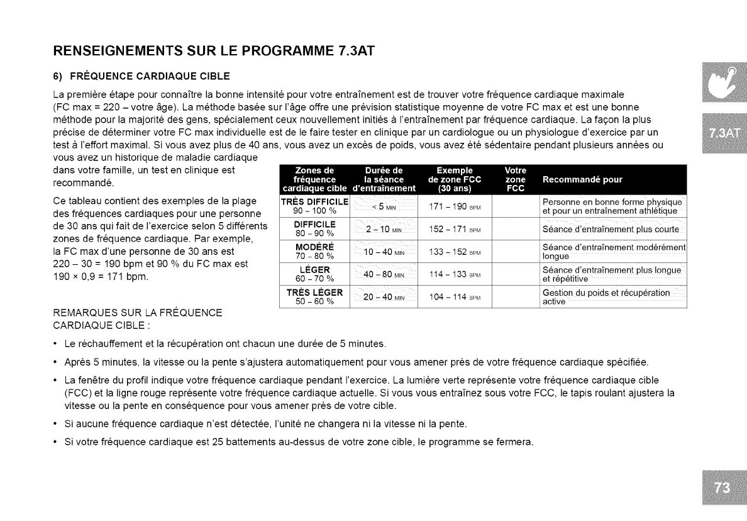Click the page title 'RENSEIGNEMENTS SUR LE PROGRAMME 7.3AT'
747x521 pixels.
214,51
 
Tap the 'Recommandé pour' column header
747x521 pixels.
582,179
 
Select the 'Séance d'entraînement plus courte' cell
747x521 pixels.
611,229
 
